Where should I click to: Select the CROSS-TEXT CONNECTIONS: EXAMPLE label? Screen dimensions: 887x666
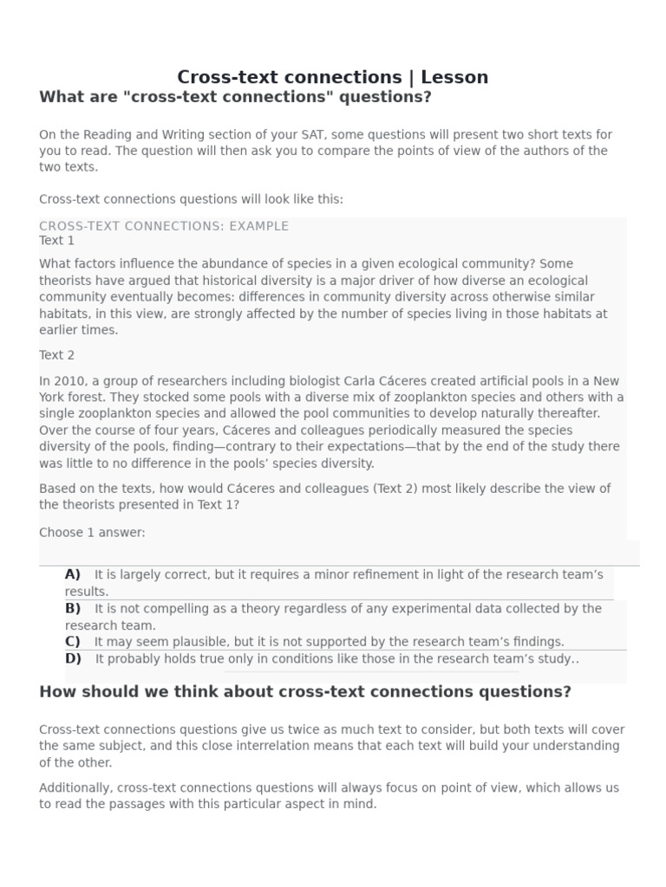[x=164, y=226]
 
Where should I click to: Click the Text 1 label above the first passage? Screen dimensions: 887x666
[x=56, y=241]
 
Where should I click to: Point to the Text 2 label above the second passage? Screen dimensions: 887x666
[x=56, y=355]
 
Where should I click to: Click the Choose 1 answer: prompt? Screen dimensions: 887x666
[x=92, y=533]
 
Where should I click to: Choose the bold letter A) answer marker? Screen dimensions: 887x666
[x=72, y=574]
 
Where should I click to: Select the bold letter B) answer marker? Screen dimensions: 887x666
[x=72, y=608]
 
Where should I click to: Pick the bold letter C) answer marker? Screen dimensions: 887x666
[x=72, y=642]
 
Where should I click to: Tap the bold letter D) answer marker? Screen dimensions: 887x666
[x=73, y=658]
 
